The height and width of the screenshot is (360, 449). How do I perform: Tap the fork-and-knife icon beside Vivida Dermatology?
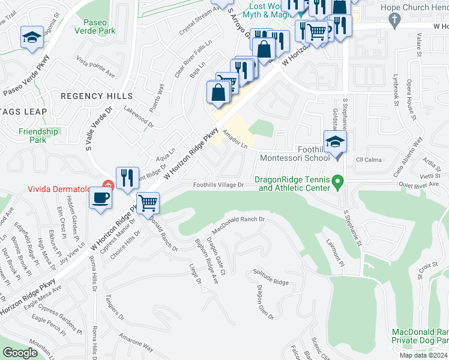127,178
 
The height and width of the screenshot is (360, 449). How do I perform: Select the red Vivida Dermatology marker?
108,184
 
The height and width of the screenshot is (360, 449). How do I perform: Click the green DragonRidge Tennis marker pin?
338,180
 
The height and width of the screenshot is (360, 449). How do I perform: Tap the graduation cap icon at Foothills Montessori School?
334,143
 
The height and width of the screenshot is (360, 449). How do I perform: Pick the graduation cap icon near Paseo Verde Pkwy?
32,38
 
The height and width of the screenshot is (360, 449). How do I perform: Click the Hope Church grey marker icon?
394,20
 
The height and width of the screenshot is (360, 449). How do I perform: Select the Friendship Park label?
38,136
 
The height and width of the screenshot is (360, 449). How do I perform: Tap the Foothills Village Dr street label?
218,185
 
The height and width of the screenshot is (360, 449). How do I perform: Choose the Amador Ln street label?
235,139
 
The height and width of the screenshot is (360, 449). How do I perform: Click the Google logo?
20,353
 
